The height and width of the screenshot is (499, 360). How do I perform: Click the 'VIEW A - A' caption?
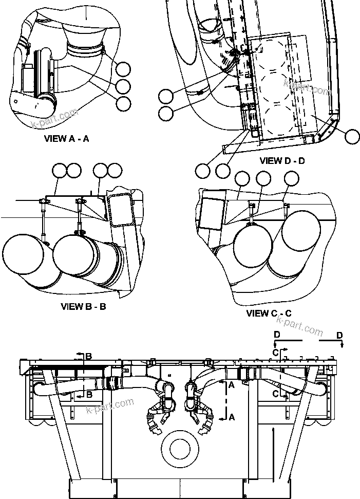(67, 138)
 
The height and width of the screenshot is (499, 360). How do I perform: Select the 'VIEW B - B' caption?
(83, 307)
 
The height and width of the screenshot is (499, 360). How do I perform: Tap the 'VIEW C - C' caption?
(269, 313)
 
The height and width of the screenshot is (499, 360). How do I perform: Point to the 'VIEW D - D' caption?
(282, 161)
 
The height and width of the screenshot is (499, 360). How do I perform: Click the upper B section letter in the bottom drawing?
(89, 356)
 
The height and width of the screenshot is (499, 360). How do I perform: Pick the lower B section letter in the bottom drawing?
(89, 395)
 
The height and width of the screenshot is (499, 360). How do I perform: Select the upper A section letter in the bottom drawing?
(232, 384)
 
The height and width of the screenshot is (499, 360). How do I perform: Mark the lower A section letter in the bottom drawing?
(232, 417)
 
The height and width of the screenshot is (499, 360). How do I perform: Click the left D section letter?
(277, 335)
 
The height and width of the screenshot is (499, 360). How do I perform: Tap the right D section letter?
(339, 335)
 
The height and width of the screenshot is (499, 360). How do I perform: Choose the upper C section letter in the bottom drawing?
(276, 352)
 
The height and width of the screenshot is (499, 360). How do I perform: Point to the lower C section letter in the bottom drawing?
(276, 394)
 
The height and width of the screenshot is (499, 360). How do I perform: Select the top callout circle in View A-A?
(123, 68)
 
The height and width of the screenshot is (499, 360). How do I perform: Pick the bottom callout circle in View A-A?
(123, 104)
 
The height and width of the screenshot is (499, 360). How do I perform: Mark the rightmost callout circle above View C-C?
(291, 178)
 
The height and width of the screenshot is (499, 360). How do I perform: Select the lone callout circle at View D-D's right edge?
(352, 136)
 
